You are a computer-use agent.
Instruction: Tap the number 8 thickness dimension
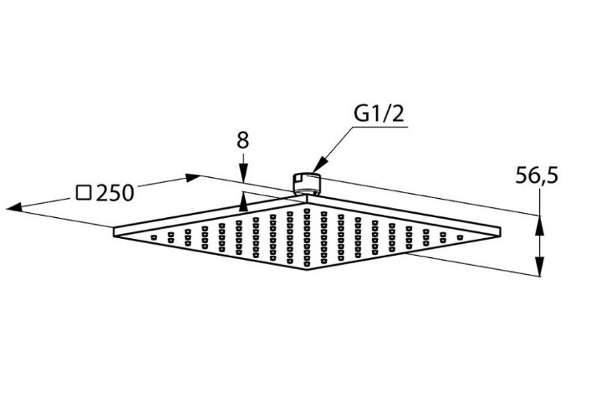[243, 140]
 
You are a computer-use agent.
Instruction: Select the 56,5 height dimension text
[537, 176]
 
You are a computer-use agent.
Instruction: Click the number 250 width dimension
[115, 193]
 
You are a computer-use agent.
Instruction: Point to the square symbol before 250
[84, 192]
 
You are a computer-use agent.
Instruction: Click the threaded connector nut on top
[306, 183]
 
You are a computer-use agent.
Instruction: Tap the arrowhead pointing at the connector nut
[318, 166]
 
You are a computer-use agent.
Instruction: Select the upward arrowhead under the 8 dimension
[243, 202]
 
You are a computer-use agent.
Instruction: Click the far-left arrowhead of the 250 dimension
[14, 206]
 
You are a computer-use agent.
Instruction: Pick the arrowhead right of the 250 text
[192, 177]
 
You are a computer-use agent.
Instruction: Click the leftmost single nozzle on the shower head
[154, 237]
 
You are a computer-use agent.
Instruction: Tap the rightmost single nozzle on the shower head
[460, 237]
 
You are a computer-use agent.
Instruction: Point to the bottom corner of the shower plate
[307, 270]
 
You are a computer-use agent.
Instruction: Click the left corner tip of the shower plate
[114, 231]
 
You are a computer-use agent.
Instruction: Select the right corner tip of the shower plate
[500, 231]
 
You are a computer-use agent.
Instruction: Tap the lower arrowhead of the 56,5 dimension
[540, 266]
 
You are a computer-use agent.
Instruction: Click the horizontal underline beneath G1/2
[380, 127]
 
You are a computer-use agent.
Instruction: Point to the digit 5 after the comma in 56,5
[551, 176]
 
